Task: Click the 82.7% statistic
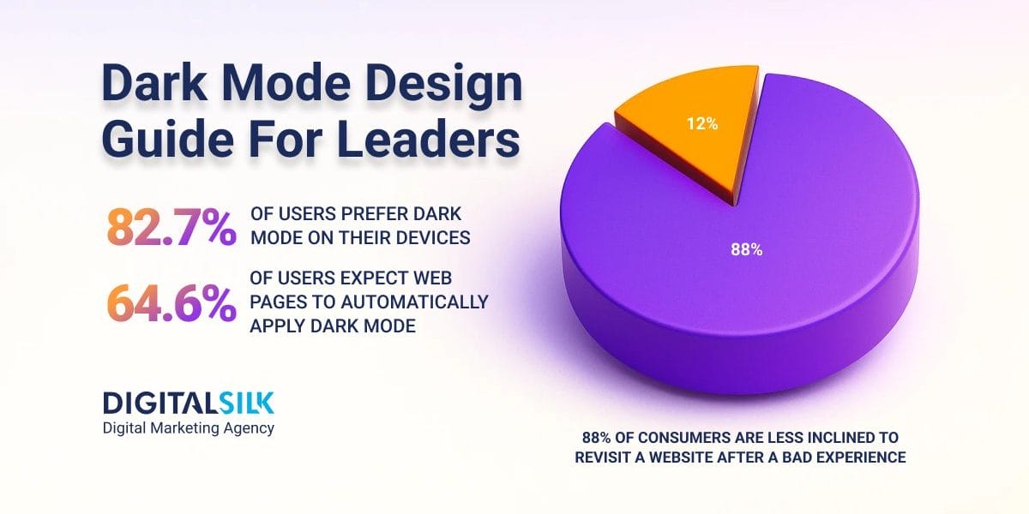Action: pyautogui.click(x=171, y=227)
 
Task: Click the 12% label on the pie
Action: pyautogui.click(x=701, y=123)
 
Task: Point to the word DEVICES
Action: pyautogui.click(x=430, y=238)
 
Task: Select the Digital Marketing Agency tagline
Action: pyautogui.click(x=188, y=427)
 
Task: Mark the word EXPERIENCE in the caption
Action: pyautogui.click(x=857, y=457)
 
